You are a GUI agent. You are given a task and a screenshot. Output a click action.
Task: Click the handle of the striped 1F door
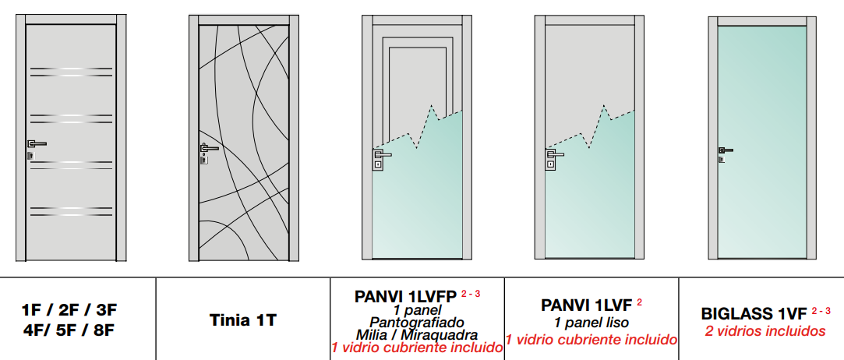pos(37,143)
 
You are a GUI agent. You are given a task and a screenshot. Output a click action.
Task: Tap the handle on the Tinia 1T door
pos(209,147)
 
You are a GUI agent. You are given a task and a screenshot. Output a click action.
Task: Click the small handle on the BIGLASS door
pos(725,150)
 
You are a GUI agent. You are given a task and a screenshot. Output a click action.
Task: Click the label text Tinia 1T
pos(243,320)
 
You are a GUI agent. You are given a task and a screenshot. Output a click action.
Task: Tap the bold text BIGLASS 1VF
pos(754,314)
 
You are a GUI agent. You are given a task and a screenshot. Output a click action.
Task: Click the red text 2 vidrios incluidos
pos(765,331)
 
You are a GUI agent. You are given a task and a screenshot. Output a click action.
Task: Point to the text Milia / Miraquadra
pos(417,335)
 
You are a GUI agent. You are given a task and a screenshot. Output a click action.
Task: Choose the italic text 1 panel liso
pos(592,323)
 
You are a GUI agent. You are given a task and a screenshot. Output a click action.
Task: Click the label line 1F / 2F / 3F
pos(69,310)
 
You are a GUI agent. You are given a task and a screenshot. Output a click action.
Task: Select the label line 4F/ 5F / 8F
pos(69,330)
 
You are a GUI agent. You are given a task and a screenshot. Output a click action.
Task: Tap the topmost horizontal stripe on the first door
pos(72,69)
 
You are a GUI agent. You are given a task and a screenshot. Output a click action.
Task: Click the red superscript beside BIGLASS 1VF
pos(821,310)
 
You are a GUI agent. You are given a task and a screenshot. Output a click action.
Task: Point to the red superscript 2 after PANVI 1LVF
pos(640,302)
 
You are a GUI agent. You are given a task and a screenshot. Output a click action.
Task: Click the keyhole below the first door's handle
pos(30,156)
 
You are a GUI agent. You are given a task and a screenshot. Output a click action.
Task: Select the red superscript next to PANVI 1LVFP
pos(471,294)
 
